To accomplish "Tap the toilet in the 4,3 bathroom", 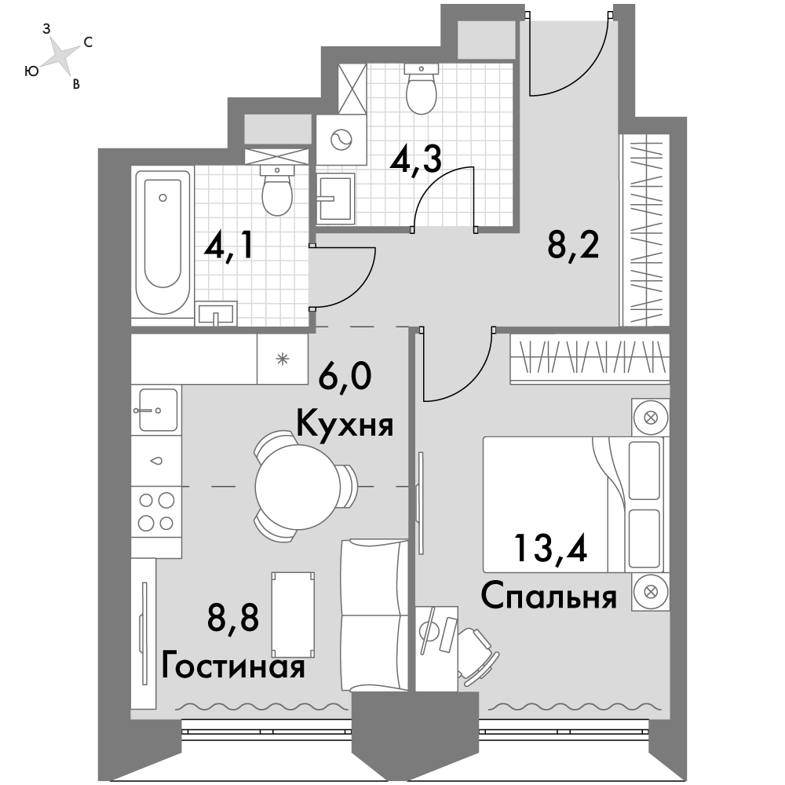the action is [421, 89].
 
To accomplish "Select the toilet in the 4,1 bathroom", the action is [277, 191].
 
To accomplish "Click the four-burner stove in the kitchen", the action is [157, 512].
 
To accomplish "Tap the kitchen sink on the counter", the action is [157, 410].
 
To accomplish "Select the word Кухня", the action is [345, 426].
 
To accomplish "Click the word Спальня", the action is [549, 597].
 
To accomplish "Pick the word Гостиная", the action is [233, 666].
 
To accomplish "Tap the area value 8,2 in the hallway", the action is [573, 245].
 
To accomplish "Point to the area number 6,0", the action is [345, 376].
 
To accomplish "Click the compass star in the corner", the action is [60, 55].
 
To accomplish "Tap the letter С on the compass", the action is [88, 42].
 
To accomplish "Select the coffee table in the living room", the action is [293, 615].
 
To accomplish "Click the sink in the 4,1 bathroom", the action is [217, 313].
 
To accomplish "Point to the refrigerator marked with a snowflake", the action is [283, 359].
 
